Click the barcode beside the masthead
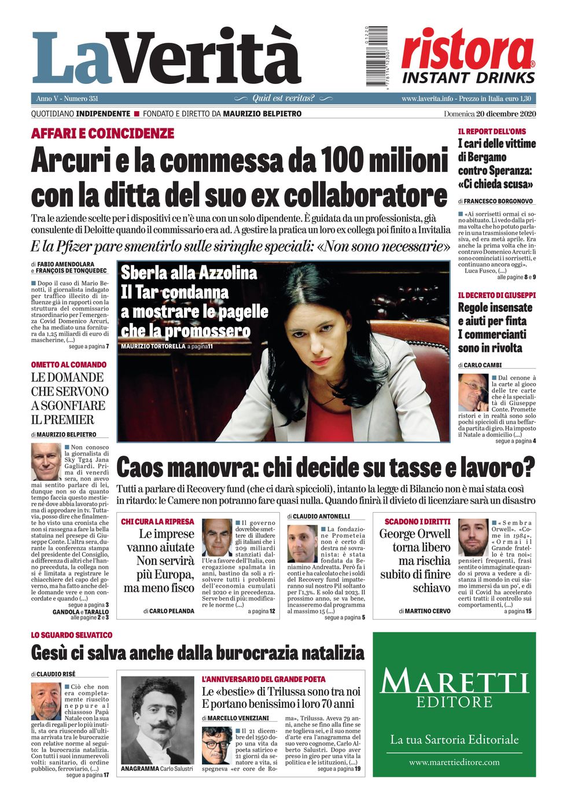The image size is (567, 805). coord(376,56)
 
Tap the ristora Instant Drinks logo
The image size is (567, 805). coord(468,57)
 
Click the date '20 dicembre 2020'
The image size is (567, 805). coord(506,114)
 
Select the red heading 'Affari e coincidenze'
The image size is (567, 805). coord(102,134)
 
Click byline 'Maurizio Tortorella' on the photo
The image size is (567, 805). coord(153,346)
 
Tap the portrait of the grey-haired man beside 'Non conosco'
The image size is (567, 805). coord(46,461)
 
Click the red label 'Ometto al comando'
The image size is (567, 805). coord(69,365)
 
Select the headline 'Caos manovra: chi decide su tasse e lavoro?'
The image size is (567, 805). coord(326,466)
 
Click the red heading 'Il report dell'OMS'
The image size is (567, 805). coord(492,131)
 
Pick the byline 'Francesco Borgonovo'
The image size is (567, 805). coord(498,201)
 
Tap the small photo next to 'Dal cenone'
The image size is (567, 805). coord(473,392)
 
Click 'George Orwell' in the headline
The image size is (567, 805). coord(415,534)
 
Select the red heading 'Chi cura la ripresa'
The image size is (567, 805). coord(157,521)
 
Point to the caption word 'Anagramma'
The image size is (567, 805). coord(139,769)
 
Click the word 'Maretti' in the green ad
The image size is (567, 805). coord(454,682)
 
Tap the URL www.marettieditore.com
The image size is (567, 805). coord(454,762)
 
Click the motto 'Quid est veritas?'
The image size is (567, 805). coord(283,98)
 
